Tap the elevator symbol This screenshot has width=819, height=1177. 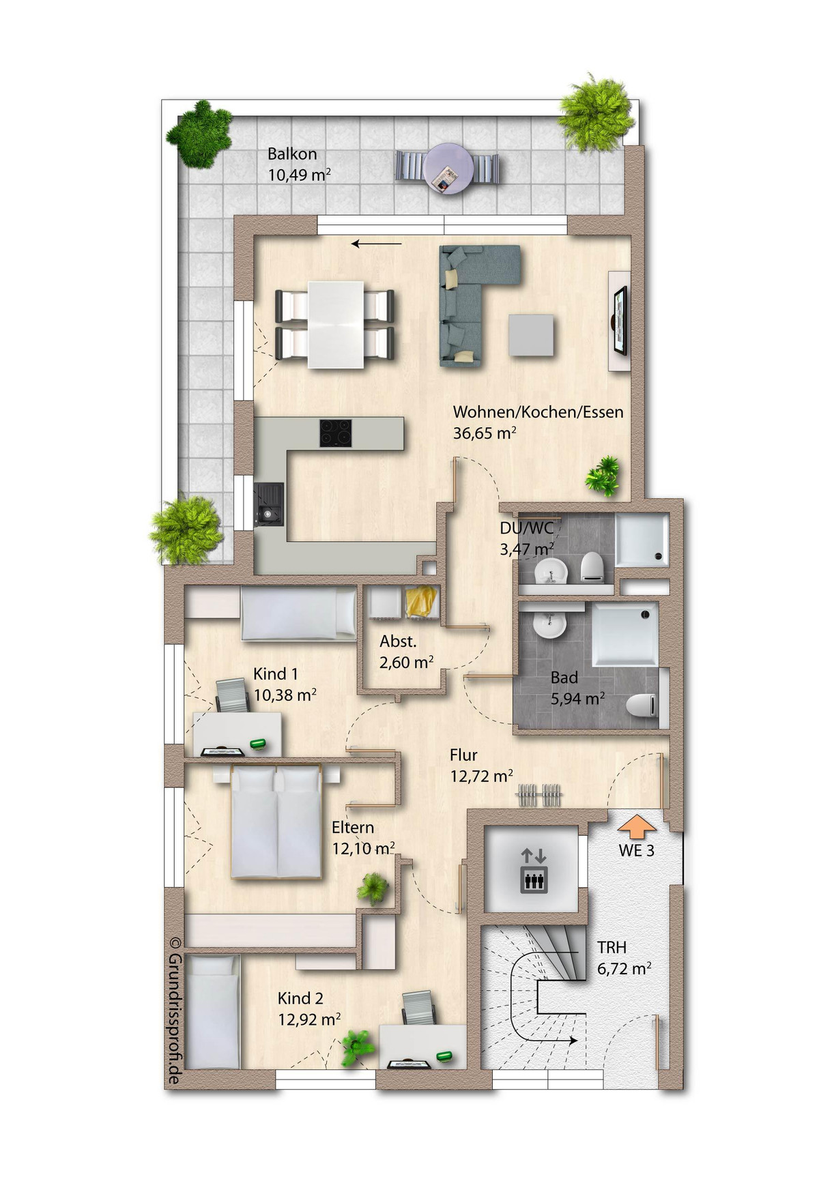(x=534, y=869)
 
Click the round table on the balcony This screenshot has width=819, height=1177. (x=448, y=169)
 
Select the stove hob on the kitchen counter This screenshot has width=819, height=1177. (x=336, y=433)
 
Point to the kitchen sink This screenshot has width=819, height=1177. (x=269, y=504)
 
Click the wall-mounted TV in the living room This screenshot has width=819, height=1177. (x=620, y=321)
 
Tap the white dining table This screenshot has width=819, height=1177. (x=335, y=324)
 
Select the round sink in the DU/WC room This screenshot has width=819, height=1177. (x=550, y=571)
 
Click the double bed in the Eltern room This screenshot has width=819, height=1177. (x=276, y=822)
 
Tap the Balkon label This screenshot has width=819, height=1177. (x=292, y=154)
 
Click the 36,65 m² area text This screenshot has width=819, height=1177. (x=485, y=433)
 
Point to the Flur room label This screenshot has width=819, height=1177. (x=463, y=755)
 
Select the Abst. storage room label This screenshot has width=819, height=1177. (x=398, y=641)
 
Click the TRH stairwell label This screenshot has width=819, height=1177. (x=612, y=947)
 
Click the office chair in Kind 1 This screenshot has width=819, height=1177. (x=233, y=696)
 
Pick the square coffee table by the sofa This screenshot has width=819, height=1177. (x=531, y=334)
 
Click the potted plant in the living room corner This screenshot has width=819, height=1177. (x=603, y=476)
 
